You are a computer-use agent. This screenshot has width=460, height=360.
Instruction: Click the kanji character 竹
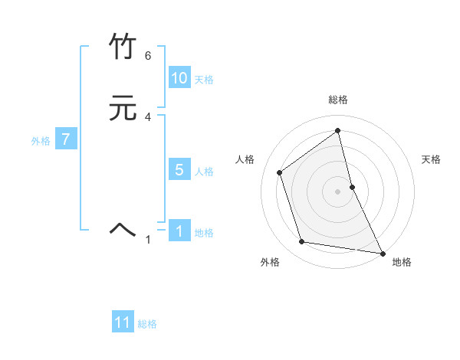(x=123, y=47)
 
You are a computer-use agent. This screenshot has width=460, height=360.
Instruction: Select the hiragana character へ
(x=123, y=228)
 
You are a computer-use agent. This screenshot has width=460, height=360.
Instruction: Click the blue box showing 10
(x=179, y=78)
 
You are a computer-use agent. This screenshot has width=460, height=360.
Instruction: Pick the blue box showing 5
(x=179, y=170)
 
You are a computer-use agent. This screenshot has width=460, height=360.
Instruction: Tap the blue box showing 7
(x=66, y=139)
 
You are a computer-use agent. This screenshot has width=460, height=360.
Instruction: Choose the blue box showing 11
(x=123, y=322)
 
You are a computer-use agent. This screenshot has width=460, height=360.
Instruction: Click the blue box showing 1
(x=179, y=231)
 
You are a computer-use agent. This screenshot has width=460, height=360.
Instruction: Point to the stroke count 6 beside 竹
(x=147, y=56)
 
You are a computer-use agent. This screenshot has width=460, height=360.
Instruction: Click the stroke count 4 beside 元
(x=147, y=117)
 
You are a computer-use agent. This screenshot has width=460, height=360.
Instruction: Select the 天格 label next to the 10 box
(x=204, y=80)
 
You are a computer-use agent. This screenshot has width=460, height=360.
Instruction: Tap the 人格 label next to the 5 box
(x=204, y=172)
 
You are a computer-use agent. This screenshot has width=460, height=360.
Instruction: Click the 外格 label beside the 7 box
(x=41, y=141)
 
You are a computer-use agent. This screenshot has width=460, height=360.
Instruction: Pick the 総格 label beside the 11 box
(x=147, y=324)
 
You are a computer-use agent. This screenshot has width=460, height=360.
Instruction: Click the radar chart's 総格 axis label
(x=338, y=100)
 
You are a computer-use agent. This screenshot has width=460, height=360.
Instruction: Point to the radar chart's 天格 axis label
(x=432, y=159)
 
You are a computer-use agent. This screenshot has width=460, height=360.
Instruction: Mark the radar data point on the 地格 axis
(x=382, y=252)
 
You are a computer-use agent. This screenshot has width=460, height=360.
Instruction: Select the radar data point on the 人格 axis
(x=280, y=172)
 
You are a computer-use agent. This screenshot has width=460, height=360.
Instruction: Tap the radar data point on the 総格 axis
(x=338, y=130)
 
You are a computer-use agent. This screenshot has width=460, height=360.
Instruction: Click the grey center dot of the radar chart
(x=338, y=191)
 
